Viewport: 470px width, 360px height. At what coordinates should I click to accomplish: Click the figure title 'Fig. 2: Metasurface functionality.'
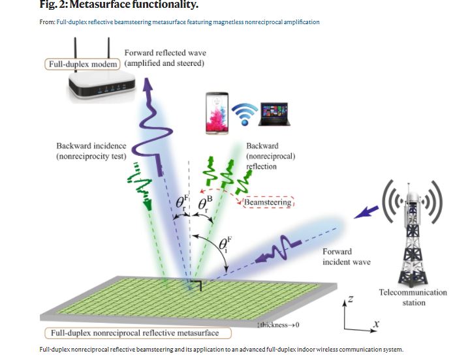(119, 5)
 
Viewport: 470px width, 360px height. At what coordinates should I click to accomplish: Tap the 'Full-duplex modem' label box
(82, 65)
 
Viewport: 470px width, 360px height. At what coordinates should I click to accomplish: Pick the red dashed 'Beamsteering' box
(269, 203)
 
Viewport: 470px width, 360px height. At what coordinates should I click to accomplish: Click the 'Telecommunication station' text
(413, 297)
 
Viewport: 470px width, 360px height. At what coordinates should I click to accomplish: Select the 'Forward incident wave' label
(346, 256)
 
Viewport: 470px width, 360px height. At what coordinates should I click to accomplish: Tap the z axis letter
(350, 299)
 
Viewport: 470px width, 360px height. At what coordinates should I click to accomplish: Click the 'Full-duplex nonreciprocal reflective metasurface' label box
(140, 334)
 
